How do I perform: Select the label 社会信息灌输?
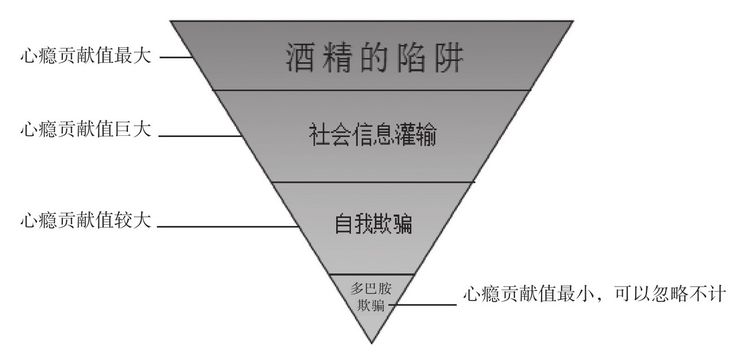tap(372, 136)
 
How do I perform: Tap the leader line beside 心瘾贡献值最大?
tap(175, 58)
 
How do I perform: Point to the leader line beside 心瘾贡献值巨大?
tap(199, 136)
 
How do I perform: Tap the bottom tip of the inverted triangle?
tap(372, 342)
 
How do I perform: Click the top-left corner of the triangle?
tap(172, 22)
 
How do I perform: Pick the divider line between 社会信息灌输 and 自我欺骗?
tap(372, 182)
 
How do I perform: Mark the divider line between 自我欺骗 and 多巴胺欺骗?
tap(372, 274)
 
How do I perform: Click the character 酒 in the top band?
tap(298, 58)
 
